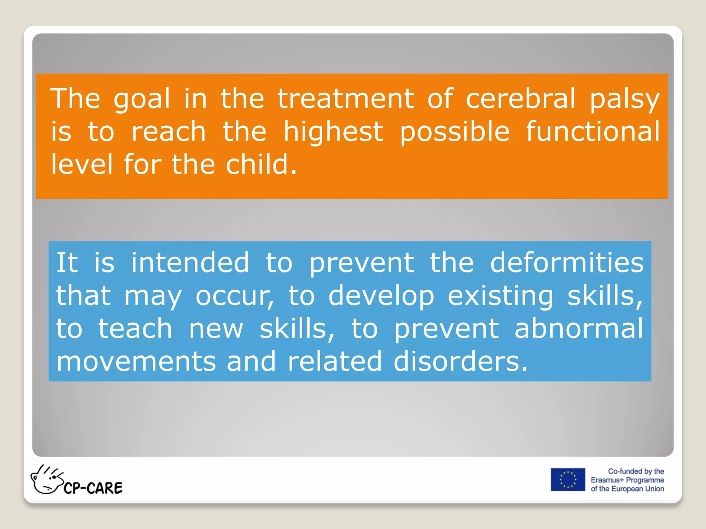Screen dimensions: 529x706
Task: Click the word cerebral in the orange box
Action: (x=521, y=99)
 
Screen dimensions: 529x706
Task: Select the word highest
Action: (x=333, y=132)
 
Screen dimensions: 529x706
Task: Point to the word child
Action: (x=261, y=164)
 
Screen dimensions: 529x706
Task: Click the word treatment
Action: (x=346, y=99)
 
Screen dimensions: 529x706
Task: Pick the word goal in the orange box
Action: (x=142, y=100)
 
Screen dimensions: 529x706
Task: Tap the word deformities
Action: (x=567, y=263)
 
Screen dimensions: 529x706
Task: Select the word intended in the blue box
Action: (x=190, y=263)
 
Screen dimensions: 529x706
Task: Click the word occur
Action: (x=234, y=296)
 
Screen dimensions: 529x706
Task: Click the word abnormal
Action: (x=579, y=329)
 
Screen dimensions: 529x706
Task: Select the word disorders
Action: (x=461, y=362)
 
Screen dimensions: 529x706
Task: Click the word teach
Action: (x=135, y=329)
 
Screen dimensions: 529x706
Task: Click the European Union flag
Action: (x=568, y=479)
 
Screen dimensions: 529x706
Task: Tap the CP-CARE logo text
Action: (x=93, y=488)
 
